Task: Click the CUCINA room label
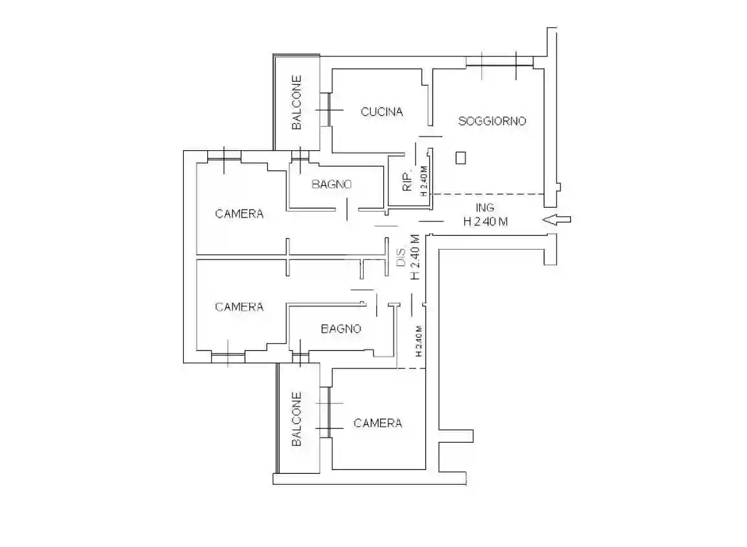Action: point(382,112)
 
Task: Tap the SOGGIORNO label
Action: point(492,121)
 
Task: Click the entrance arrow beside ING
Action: point(557,219)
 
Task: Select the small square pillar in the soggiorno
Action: point(461,158)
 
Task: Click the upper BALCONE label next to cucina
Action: point(297,102)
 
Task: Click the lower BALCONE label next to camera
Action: point(297,419)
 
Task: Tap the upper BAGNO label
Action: point(331,184)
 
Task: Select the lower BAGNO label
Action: point(341,329)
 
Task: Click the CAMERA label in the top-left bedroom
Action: point(239,214)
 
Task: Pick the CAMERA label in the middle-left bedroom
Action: point(239,307)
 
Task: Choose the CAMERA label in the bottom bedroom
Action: point(378,423)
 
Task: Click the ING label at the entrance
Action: point(485,208)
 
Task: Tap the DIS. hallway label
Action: point(401,258)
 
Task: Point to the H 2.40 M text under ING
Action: point(485,221)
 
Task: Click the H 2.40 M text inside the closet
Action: point(423,181)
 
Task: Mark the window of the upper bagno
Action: point(300,155)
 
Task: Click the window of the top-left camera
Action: point(225,156)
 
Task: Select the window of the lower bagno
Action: point(300,356)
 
